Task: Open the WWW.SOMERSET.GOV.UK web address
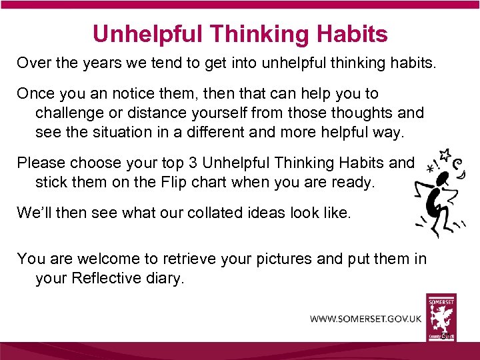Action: [x=365, y=319]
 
